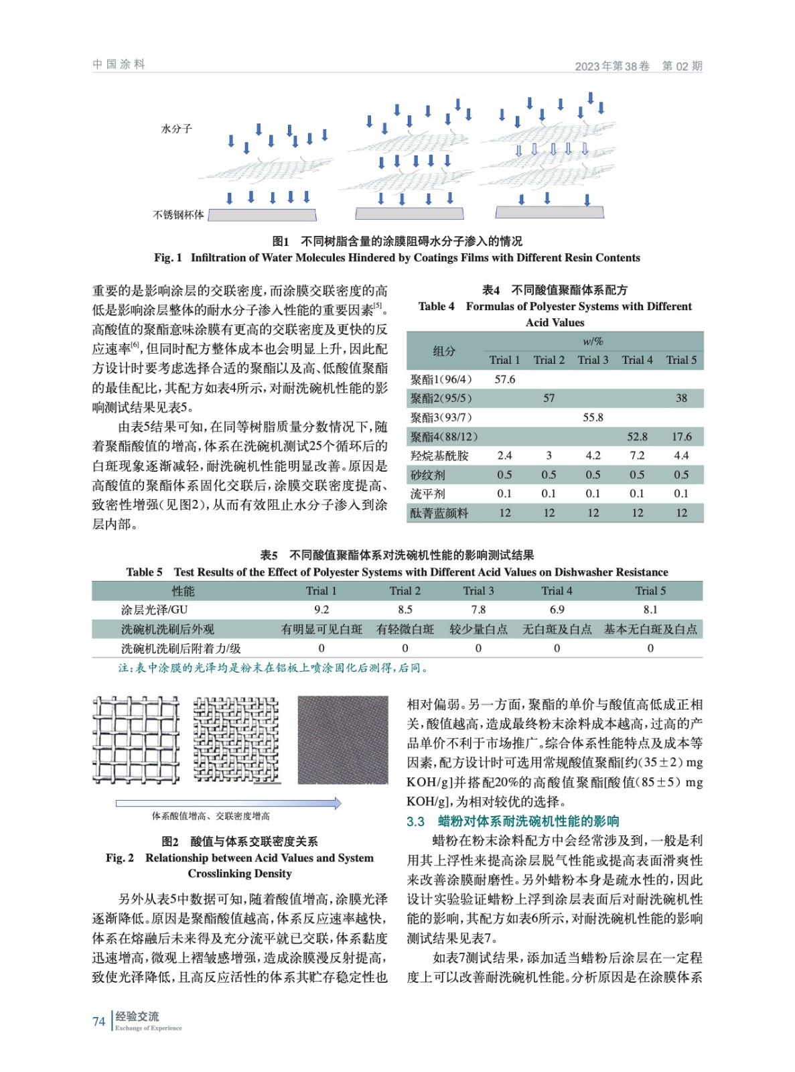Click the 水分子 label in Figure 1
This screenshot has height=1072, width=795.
(x=176, y=129)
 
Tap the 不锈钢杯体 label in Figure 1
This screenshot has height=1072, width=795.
(x=178, y=215)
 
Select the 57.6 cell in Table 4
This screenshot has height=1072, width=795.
(x=504, y=379)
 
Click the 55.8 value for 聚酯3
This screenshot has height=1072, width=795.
(x=593, y=417)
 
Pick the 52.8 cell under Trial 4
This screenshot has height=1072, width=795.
(x=637, y=437)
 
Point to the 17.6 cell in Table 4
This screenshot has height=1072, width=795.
(x=681, y=437)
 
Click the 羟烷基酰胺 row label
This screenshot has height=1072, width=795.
(x=439, y=456)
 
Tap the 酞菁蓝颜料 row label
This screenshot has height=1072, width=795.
(x=439, y=513)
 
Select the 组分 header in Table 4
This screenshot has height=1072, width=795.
(x=444, y=350)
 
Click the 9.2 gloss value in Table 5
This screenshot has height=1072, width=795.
(x=321, y=610)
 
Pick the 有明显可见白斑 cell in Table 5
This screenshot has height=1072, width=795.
(x=321, y=629)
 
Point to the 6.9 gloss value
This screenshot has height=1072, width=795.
(x=557, y=610)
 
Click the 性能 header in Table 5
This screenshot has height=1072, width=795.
(x=183, y=591)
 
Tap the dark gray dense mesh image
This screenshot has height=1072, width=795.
(x=342, y=740)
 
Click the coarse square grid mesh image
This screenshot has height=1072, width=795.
(x=136, y=740)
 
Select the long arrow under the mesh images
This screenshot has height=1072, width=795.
(x=228, y=803)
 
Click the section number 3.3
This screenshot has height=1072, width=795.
(x=415, y=821)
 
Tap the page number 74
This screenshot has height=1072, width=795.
(x=98, y=1022)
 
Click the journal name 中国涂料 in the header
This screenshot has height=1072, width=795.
(x=119, y=64)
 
